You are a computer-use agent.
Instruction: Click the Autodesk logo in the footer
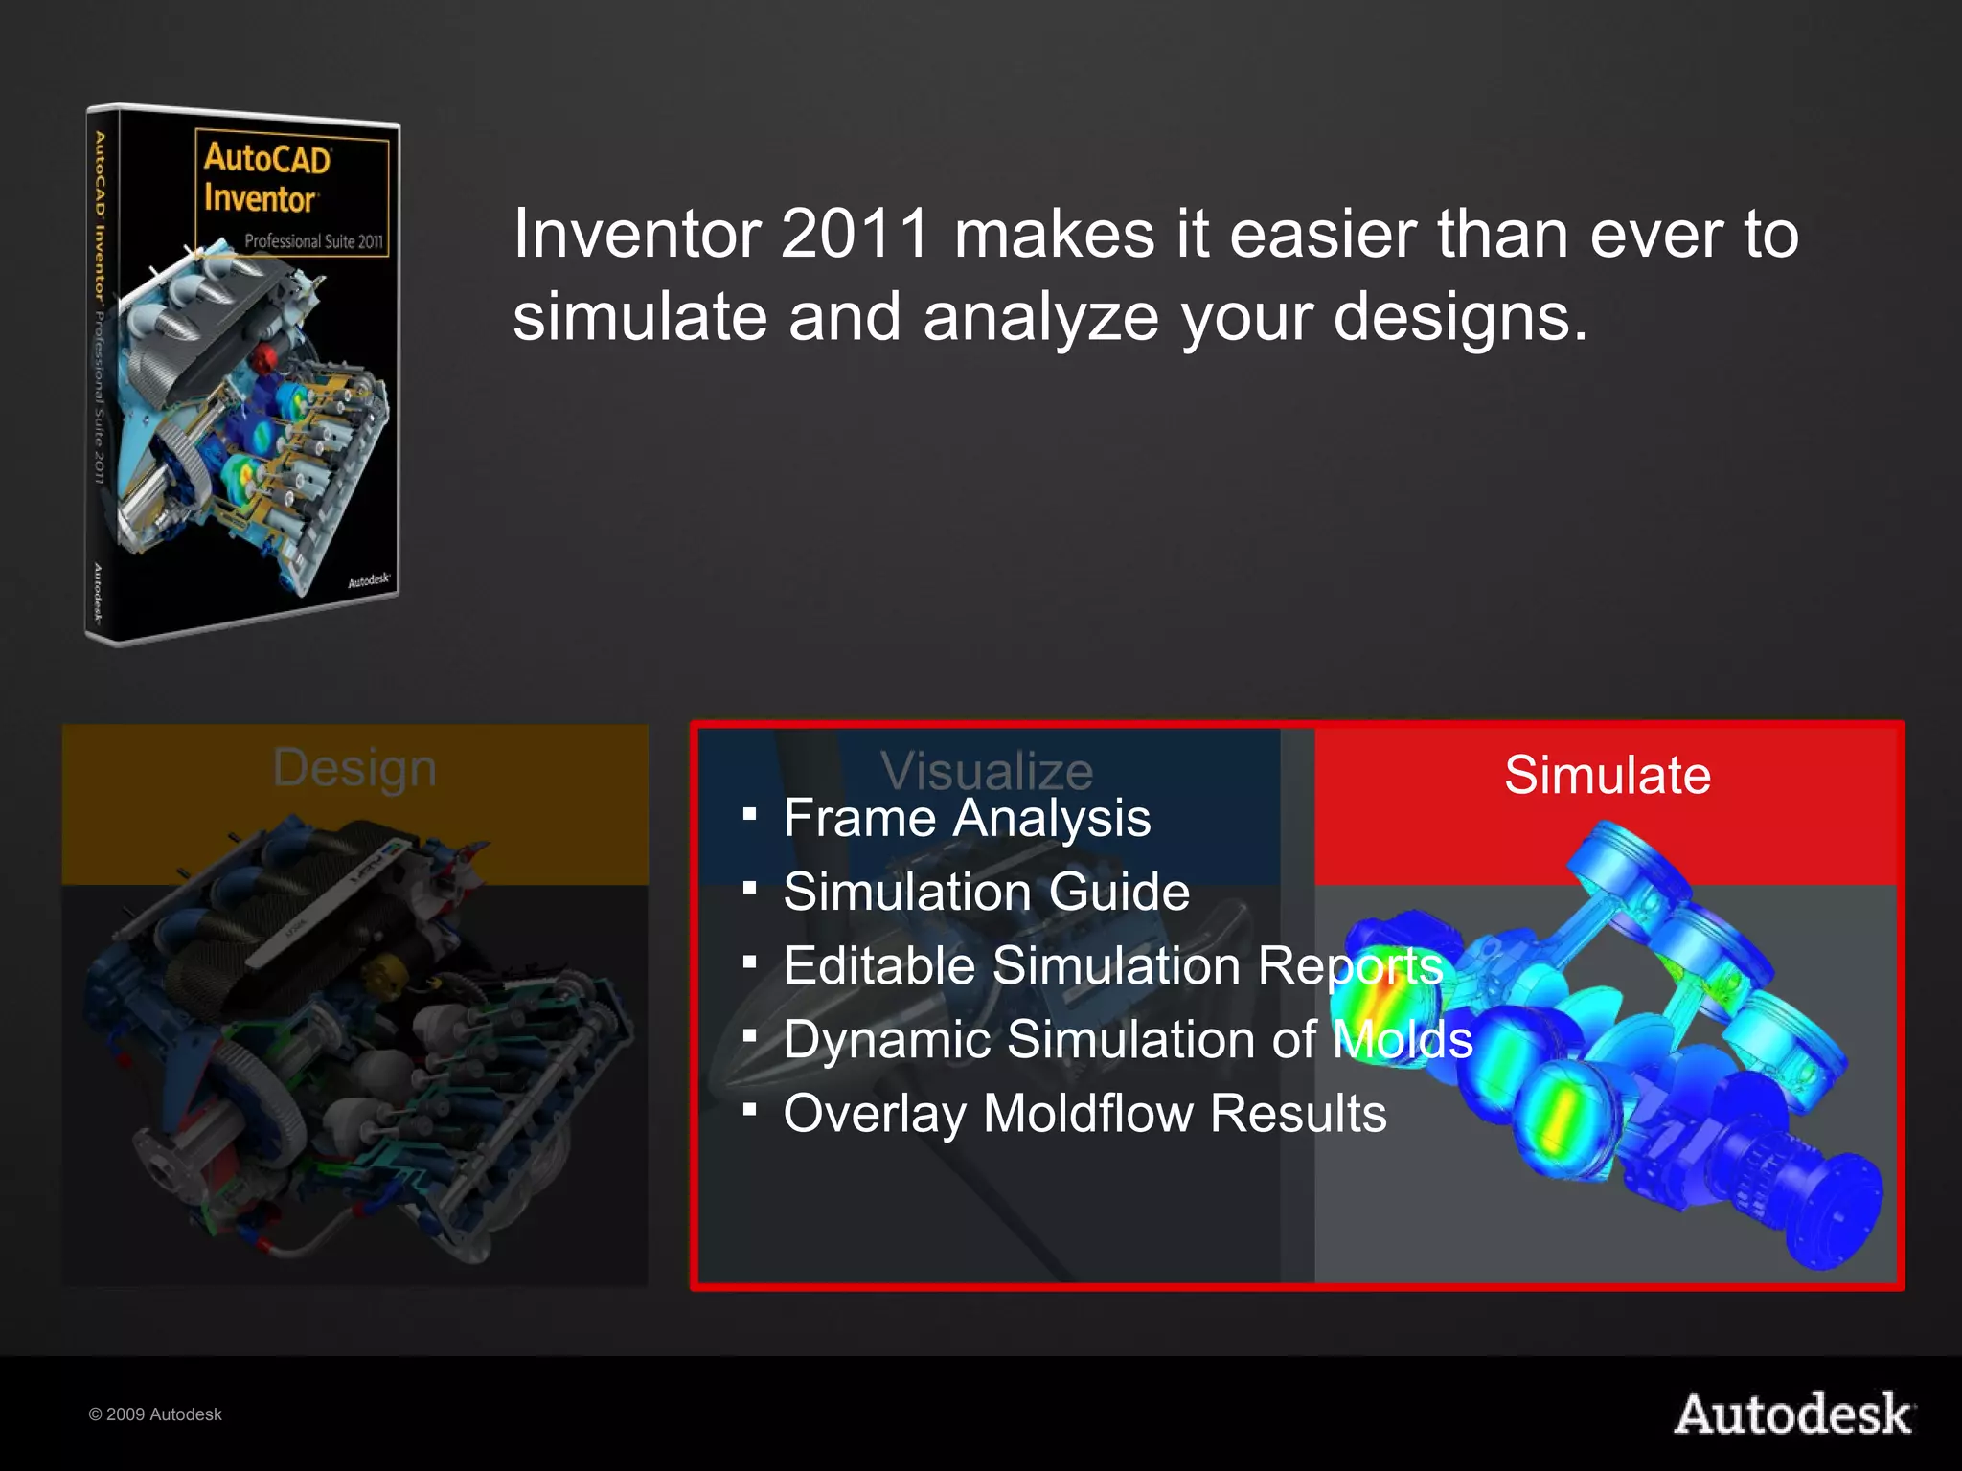[x=1793, y=1414]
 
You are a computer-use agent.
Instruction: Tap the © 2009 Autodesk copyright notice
[x=155, y=1414]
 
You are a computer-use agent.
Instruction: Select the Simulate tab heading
[x=1607, y=775]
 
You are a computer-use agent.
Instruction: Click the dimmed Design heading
[x=354, y=768]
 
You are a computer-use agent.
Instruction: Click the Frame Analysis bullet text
[x=967, y=819]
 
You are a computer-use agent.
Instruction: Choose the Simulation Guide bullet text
[x=986, y=893]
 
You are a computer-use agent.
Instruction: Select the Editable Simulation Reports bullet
[x=1112, y=965]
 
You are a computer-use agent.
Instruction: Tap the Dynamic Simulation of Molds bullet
[x=1127, y=1040]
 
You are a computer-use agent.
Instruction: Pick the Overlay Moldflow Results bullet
[x=1084, y=1114]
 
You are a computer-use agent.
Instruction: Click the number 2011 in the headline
[x=856, y=234]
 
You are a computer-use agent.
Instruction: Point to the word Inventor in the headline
[x=637, y=234]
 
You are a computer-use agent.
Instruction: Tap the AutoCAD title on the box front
[x=267, y=159]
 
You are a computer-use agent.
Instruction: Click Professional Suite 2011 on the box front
[x=313, y=241]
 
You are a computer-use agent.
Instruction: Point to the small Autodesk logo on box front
[x=369, y=580]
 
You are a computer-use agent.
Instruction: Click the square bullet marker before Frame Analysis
[x=750, y=815]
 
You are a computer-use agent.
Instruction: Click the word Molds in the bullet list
[x=1403, y=1040]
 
